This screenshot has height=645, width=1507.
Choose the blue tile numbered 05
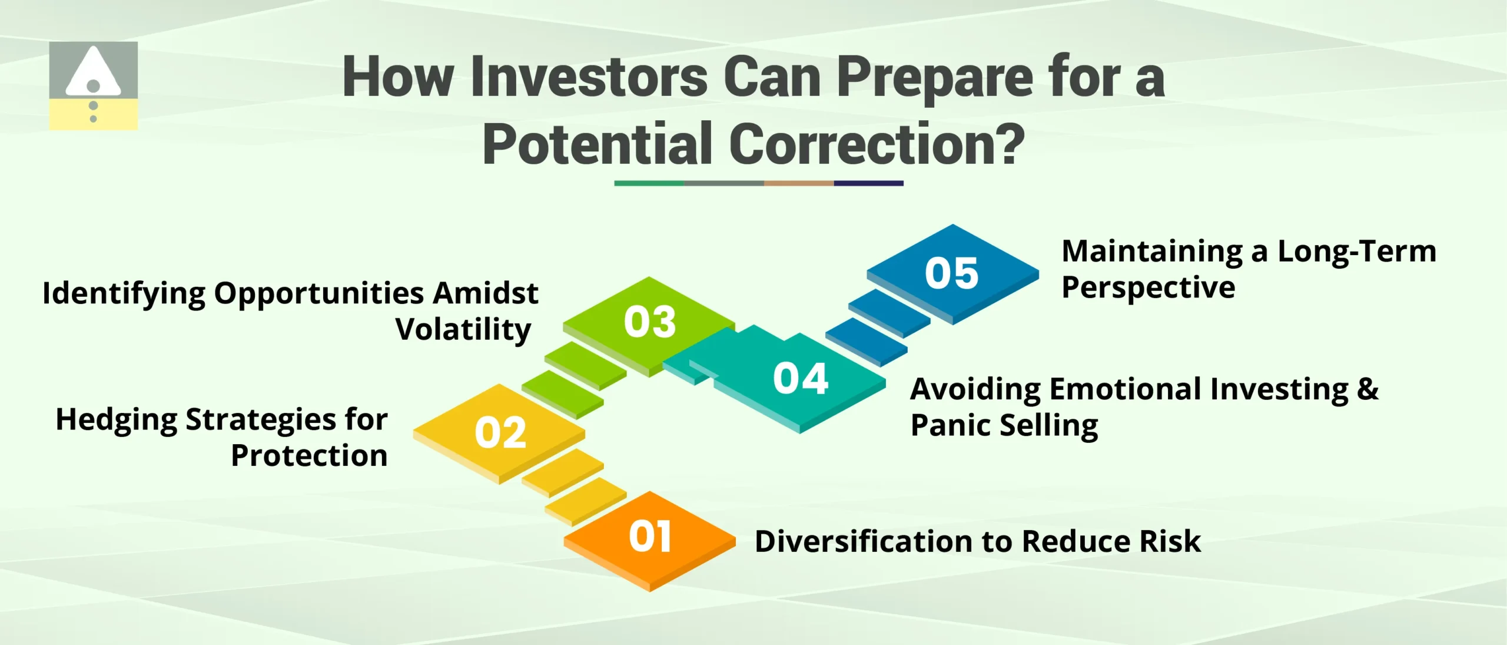(952, 273)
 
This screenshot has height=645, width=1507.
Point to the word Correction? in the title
(877, 144)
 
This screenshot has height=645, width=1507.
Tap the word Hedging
(116, 421)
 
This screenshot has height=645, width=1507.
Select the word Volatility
(463, 329)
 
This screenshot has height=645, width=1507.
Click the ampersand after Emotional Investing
(1367, 389)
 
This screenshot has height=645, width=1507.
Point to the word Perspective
(1148, 288)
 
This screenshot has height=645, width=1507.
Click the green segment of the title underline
(649, 183)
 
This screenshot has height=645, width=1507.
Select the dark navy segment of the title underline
(868, 183)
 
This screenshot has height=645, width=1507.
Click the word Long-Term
(1356, 252)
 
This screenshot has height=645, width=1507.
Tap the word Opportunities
(319, 293)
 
